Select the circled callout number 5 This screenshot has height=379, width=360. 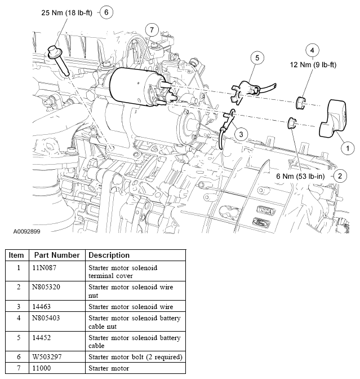(257, 58)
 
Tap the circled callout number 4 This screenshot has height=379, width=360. (313, 49)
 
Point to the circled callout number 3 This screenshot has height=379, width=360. (241, 134)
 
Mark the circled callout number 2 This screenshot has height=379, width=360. (340, 175)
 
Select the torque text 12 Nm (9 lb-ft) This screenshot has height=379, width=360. (313, 65)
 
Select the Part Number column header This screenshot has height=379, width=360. (56, 255)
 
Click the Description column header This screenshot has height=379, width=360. (109, 255)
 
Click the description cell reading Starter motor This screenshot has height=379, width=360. (109, 368)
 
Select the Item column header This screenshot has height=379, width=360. (16, 255)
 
